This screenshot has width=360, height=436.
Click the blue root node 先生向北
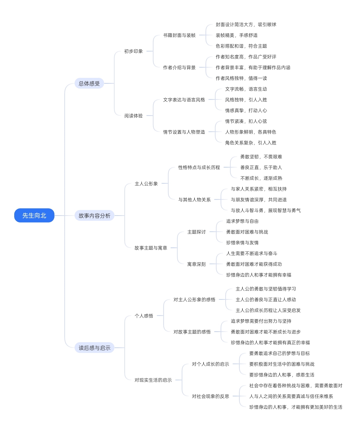tap(34, 215)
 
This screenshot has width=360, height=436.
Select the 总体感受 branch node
tap(89, 83)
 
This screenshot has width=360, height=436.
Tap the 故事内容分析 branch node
tap(94, 215)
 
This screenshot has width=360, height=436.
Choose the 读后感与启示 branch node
tap(94, 348)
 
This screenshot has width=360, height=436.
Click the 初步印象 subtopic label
tap(133, 51)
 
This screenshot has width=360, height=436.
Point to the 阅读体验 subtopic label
tap(133, 116)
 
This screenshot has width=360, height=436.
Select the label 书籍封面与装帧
tap(179, 35)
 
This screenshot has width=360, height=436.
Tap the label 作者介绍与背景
tap(179, 67)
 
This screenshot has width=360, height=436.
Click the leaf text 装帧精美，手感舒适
tap(236, 35)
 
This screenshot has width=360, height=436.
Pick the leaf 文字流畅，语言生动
tap(246, 89)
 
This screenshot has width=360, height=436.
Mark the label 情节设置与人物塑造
tap(184, 132)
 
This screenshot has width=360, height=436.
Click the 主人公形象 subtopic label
tap(146, 184)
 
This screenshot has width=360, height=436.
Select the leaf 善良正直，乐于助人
tap(261, 167)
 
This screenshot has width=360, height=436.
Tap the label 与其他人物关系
tap(194, 200)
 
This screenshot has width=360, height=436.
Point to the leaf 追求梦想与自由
tap(242, 221)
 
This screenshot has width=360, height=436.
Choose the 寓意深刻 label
tap(196, 264)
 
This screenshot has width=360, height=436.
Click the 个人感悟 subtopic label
tap(144, 316)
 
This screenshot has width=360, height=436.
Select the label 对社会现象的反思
tap(210, 396)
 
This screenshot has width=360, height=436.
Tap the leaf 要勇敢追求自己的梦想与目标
tap(280, 353)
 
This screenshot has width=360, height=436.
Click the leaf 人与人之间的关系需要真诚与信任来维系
tap(291, 396)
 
